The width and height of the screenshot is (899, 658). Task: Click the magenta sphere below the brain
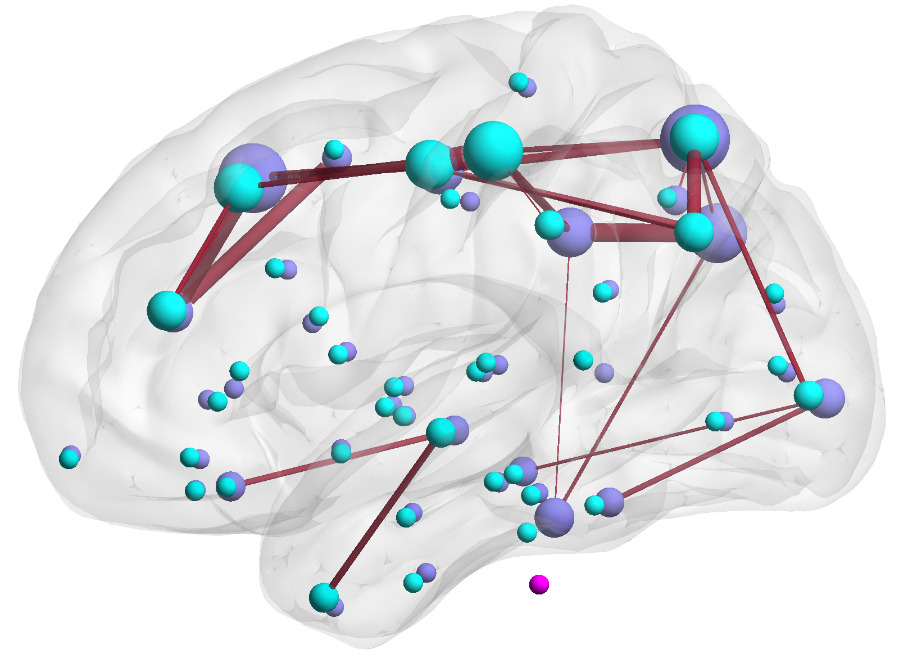(x=539, y=584)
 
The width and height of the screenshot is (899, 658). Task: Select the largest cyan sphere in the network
(x=493, y=151)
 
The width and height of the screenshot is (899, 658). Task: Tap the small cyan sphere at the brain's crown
(x=519, y=82)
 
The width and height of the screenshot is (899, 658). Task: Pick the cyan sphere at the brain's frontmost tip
(x=69, y=458)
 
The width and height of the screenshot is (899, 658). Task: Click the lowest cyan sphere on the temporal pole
(x=324, y=597)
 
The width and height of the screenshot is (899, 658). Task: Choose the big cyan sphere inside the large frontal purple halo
(x=238, y=187)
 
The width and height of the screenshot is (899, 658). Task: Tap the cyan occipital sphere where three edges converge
(x=809, y=395)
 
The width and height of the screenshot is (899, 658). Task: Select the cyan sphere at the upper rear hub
(x=694, y=137)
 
